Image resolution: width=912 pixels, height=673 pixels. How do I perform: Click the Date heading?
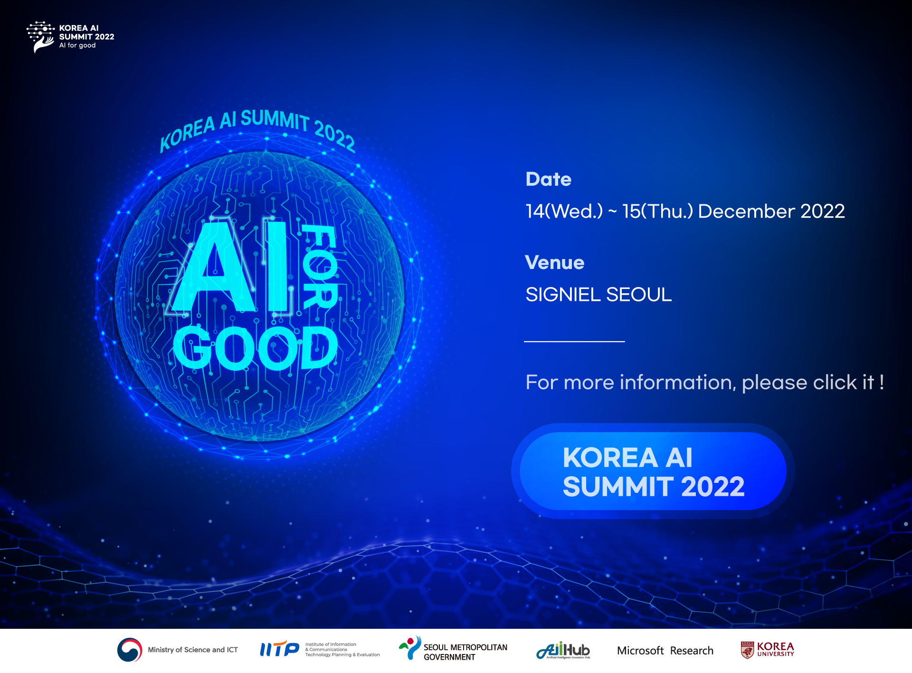pos(548,179)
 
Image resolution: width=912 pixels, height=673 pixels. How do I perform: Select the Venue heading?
pos(554,262)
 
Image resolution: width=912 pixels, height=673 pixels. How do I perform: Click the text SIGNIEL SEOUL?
pos(598,295)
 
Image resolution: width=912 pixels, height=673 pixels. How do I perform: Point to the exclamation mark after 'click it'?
pos(882,382)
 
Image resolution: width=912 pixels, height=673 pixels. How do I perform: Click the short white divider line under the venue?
pos(574,341)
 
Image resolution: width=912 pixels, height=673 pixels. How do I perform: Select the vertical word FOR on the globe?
pos(320,266)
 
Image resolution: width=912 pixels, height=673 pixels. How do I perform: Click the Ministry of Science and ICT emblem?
pos(130,650)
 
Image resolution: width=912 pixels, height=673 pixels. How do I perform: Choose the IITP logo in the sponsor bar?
pos(279,649)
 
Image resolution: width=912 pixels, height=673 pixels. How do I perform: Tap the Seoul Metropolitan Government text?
pos(465,652)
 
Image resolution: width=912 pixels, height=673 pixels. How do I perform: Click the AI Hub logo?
pos(563,650)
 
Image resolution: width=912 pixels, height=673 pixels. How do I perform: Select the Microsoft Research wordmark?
pos(665,651)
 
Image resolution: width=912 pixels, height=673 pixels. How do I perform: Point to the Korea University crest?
pos(747,650)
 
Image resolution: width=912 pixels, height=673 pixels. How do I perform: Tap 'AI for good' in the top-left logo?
pos(77,46)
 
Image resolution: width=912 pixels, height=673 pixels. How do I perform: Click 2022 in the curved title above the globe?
pos(335,136)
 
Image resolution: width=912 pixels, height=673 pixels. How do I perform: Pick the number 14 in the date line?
pos(534,211)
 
